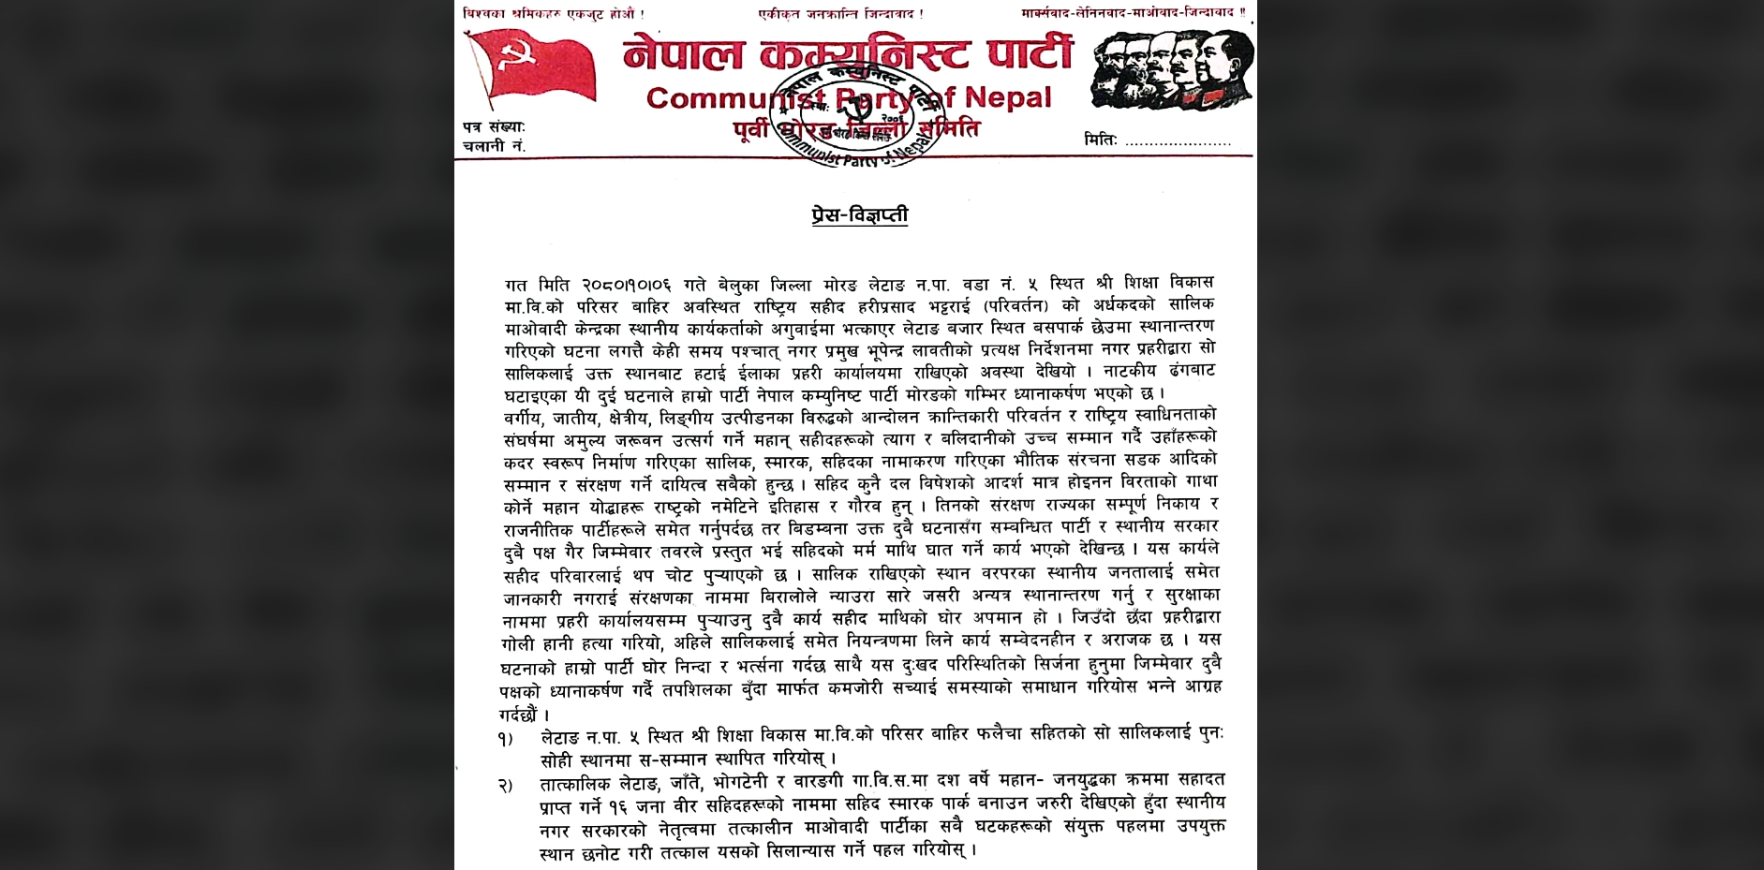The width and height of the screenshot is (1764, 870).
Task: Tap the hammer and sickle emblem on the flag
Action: [x=514, y=59]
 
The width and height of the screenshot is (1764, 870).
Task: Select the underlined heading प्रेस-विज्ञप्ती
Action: [x=860, y=215]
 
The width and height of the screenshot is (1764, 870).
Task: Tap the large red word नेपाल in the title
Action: [x=683, y=53]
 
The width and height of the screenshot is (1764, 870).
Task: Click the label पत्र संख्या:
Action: [x=495, y=127]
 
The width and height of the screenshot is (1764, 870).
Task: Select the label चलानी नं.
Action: [x=495, y=146]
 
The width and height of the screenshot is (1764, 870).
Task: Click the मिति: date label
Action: [x=1101, y=140]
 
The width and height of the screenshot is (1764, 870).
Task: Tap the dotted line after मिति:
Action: [x=1178, y=143]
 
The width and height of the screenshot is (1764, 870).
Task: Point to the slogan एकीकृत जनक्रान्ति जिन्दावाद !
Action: [x=841, y=13]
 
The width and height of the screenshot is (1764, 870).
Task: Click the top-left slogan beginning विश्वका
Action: [x=554, y=13]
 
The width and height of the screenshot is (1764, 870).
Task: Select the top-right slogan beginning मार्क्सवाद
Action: [x=1134, y=13]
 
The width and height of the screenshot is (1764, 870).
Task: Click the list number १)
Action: [x=505, y=739]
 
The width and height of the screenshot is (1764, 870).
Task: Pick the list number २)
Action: [x=506, y=785]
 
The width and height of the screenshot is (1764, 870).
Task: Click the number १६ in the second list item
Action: [x=617, y=805]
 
